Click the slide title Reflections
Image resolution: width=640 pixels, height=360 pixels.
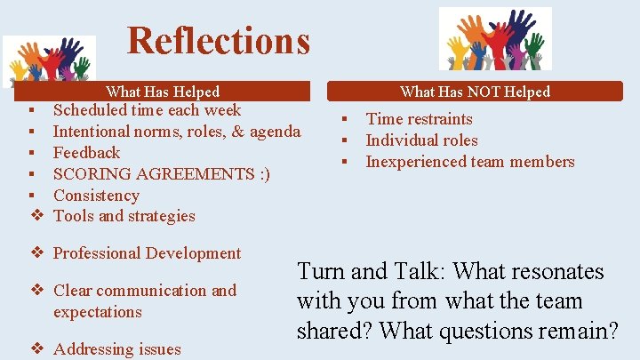[x=219, y=41]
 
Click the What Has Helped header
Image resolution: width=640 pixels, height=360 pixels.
[x=163, y=92]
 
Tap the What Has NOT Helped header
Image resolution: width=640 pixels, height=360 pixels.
[x=475, y=92]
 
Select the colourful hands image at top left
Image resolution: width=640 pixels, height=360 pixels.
[x=49, y=60]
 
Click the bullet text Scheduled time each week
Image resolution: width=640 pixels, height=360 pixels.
[x=147, y=111]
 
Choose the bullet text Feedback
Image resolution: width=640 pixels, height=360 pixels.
[x=86, y=153]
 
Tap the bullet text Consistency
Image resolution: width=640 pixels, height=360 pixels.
[x=96, y=196]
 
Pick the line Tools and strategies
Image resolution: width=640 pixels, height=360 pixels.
[x=124, y=216]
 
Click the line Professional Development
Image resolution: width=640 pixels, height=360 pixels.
[x=147, y=253]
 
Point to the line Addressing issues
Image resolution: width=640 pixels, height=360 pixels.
[x=116, y=349]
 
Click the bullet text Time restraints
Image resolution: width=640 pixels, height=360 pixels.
[x=419, y=119]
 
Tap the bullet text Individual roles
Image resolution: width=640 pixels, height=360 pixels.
[x=421, y=140]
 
